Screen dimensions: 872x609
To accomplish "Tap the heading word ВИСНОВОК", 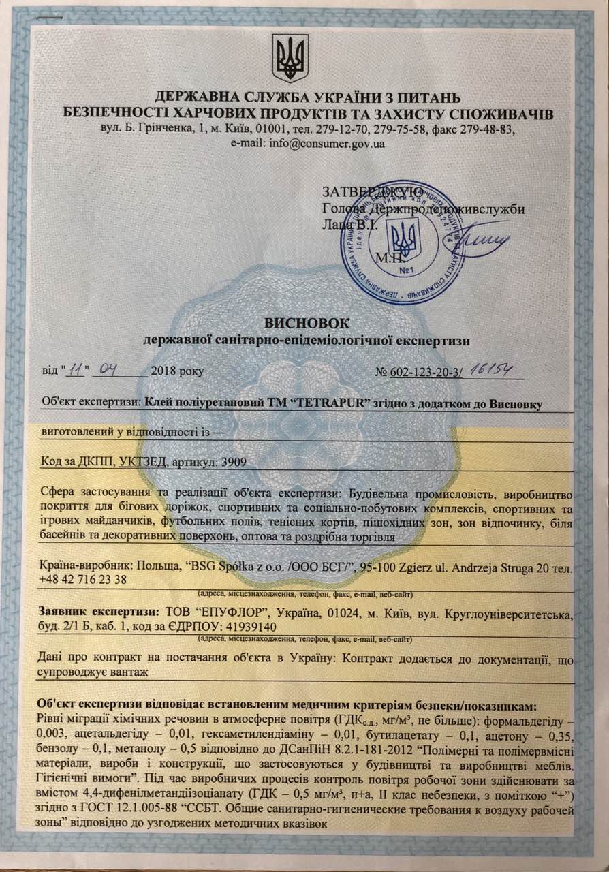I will click(304, 322).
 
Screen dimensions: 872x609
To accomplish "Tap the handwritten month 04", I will click(110, 371).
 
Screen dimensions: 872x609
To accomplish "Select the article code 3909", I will click(232, 461).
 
